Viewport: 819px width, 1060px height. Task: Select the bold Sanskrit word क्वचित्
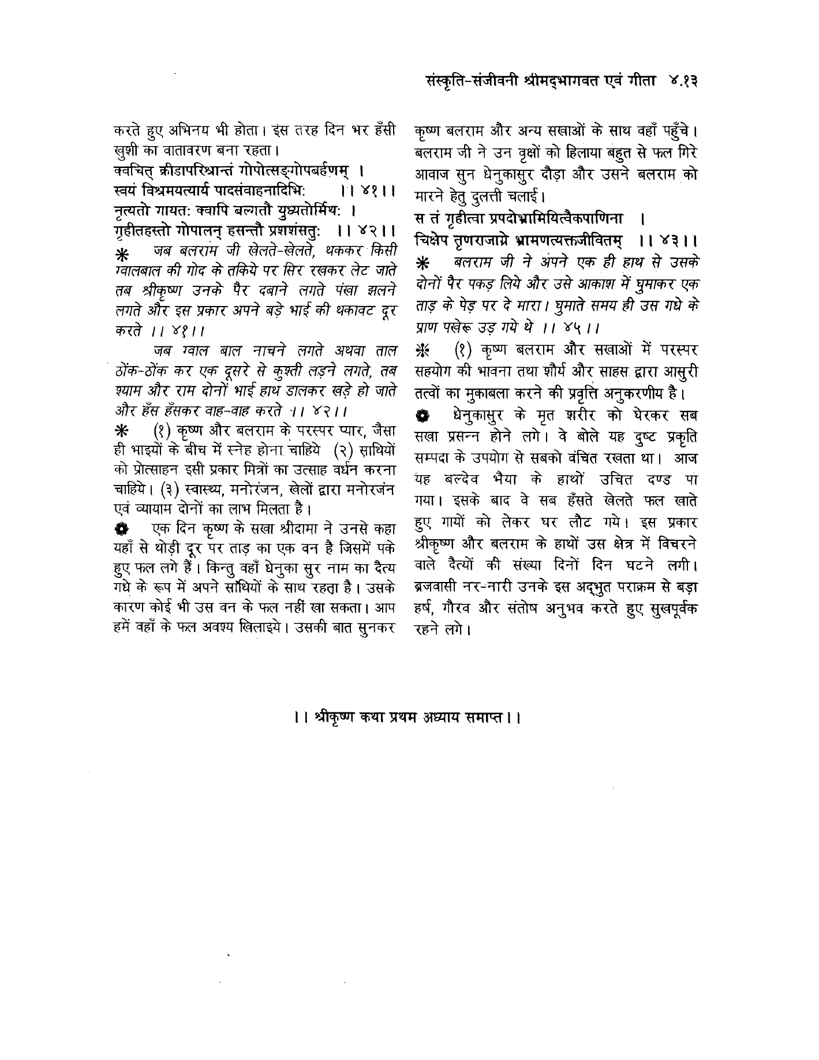pyautogui.click(x=132, y=171)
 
